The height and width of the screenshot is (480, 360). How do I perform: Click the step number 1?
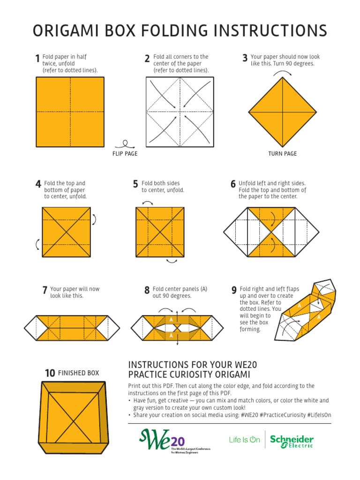coord(37,59)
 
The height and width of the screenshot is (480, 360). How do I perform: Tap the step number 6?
coord(233,185)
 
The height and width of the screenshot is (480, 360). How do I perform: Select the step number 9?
coord(233,291)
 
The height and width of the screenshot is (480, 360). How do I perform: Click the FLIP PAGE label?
coord(125,154)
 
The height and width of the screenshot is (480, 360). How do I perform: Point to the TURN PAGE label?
coord(282,154)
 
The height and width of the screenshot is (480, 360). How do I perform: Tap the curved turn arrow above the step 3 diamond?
coord(283,73)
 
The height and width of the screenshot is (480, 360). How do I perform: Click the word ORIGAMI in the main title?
coord(64,31)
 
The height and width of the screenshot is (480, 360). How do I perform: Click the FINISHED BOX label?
coord(78,373)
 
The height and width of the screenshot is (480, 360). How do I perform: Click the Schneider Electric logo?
coord(292,441)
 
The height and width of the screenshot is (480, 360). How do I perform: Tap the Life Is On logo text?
coord(244,440)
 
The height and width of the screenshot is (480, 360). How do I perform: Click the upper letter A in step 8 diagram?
coord(171,319)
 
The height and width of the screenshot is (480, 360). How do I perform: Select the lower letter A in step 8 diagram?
coord(171,336)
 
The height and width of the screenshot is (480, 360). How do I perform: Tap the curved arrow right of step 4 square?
coord(94,219)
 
